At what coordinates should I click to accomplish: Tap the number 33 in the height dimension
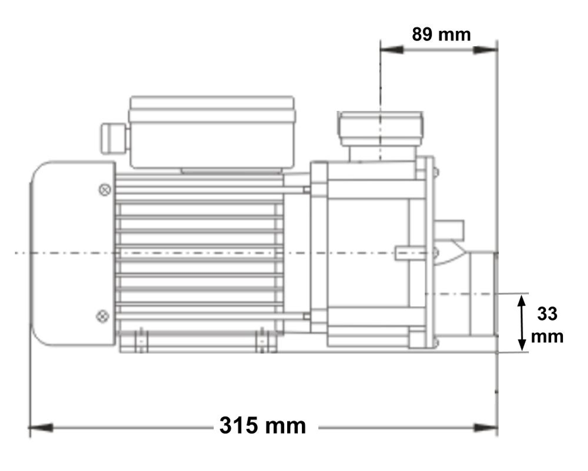click(547, 314)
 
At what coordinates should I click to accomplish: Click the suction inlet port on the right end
click(483, 294)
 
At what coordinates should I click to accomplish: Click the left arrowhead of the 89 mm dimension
click(392, 50)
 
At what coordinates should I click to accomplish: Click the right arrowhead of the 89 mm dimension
click(485, 50)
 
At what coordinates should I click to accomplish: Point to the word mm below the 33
click(547, 337)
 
